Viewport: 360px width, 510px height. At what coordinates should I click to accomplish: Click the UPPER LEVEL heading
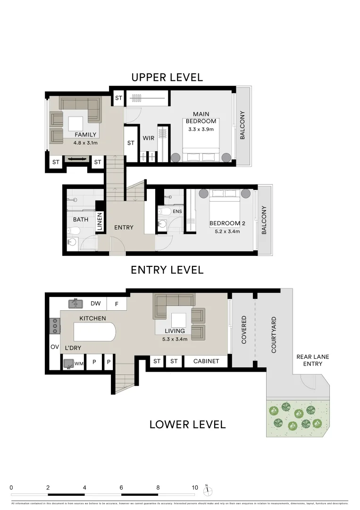click(x=167, y=77)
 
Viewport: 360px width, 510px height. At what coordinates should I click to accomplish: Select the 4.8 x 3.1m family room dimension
click(x=85, y=143)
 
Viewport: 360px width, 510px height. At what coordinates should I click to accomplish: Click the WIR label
click(x=149, y=138)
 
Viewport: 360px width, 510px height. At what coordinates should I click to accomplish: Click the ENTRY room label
click(x=124, y=227)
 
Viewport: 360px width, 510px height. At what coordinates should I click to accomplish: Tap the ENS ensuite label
click(x=177, y=212)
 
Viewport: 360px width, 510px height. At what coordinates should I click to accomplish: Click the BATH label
click(x=81, y=220)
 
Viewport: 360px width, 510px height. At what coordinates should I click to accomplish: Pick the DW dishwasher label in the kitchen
click(x=95, y=303)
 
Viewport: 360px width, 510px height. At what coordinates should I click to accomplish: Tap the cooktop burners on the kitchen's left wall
click(x=55, y=325)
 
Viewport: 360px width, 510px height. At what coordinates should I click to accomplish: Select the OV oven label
click(x=54, y=347)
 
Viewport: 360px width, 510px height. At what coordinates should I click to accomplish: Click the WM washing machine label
click(x=79, y=363)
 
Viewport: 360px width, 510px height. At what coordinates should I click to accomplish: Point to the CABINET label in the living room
click(x=206, y=361)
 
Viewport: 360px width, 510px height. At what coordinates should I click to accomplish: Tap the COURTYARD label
click(x=274, y=335)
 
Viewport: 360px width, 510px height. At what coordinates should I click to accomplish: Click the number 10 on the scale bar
click(x=194, y=487)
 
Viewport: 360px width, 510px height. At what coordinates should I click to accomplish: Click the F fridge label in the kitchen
click(x=116, y=303)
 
